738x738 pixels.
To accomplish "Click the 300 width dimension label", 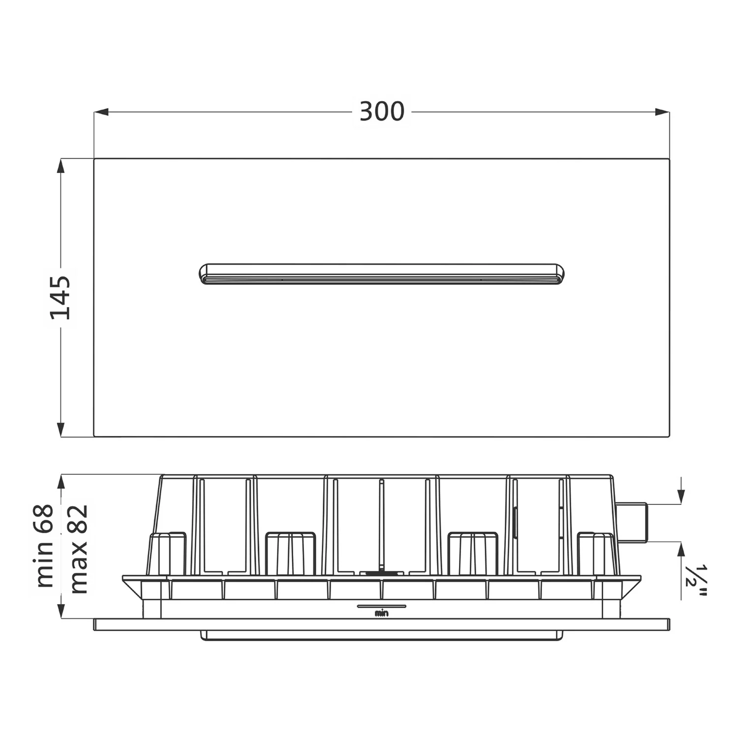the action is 382,112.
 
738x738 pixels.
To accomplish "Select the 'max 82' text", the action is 78,549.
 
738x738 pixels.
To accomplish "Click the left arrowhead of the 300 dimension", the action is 101,112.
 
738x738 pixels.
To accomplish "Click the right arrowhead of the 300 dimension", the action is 662,112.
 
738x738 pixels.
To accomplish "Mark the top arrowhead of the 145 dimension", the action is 61,166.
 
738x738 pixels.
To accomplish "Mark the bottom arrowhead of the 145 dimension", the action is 61,429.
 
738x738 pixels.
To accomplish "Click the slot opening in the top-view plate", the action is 382,274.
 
